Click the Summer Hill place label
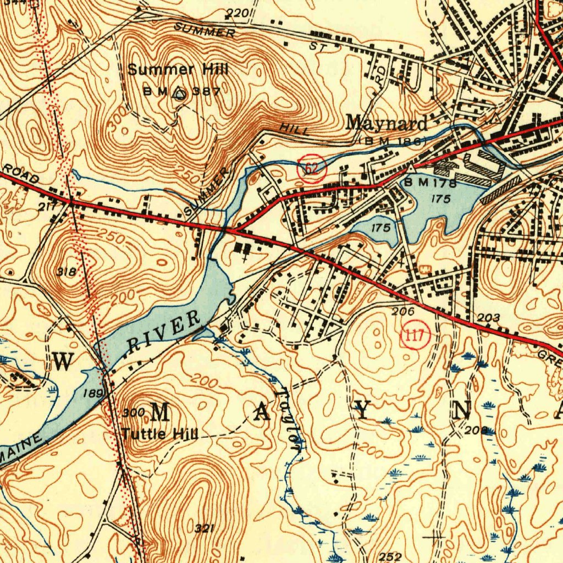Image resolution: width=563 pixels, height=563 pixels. (178, 70)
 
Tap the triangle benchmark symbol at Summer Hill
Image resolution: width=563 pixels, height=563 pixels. (178, 93)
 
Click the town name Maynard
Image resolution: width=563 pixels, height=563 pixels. (386, 123)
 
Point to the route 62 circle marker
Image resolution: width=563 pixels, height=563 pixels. (311, 168)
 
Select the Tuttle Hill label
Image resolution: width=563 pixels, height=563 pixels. (159, 433)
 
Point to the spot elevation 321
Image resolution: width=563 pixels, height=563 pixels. (203, 528)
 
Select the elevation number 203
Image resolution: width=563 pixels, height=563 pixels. (488, 318)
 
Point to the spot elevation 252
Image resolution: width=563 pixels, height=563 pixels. (390, 556)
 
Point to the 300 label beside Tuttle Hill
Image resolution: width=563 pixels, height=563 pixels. (133, 412)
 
